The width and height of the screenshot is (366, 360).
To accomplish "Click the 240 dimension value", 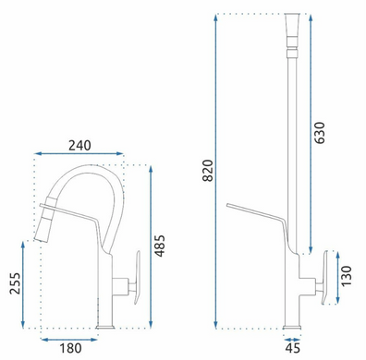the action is tap(79, 146).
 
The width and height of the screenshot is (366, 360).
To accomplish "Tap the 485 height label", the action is tap(160, 246).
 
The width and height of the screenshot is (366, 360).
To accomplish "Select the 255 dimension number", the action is tap(15, 283).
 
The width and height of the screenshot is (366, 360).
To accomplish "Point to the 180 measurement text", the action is tap(70, 348).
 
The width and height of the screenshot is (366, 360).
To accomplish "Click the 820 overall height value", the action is tap(208, 171).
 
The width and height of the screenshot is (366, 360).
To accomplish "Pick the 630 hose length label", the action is tap(319, 133).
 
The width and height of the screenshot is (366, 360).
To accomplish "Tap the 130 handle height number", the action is tap(347, 276).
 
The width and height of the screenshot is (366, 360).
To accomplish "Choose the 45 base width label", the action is tap(292, 348).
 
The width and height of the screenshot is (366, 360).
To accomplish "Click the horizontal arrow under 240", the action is tap(79, 153).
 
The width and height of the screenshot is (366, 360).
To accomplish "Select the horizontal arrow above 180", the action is tap(69, 340).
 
